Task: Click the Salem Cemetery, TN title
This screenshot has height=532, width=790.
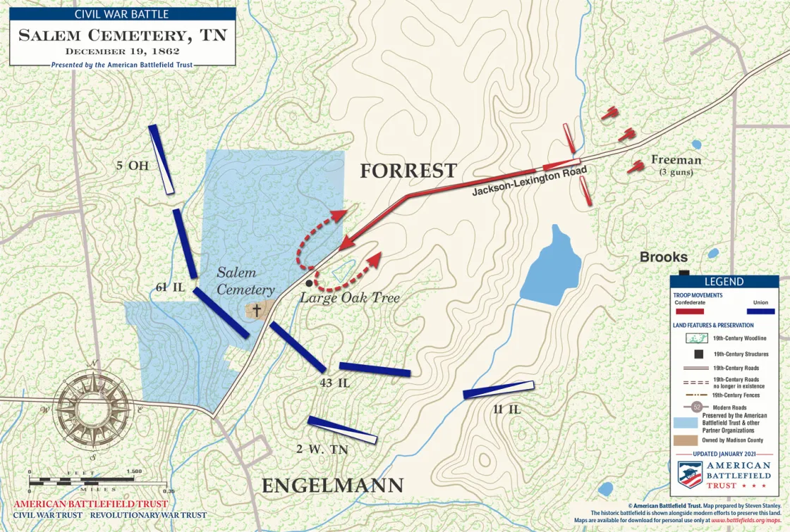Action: pyautogui.click(x=122, y=35)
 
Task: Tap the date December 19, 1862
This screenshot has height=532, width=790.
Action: pyautogui.click(x=122, y=51)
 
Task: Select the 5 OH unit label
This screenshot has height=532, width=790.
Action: pyautogui.click(x=131, y=166)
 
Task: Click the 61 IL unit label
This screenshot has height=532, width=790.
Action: pyautogui.click(x=170, y=287)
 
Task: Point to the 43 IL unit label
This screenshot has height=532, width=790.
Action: pyautogui.click(x=334, y=383)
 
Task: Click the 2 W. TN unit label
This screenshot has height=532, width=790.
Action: pyautogui.click(x=323, y=448)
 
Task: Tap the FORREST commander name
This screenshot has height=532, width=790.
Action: pyautogui.click(x=408, y=171)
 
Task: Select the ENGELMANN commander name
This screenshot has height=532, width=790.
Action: pyautogui.click(x=333, y=485)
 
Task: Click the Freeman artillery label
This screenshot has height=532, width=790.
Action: pyautogui.click(x=676, y=160)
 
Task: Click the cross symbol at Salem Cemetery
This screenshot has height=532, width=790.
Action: pyautogui.click(x=257, y=310)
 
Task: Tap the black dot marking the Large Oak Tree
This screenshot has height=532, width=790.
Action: pyautogui.click(x=309, y=283)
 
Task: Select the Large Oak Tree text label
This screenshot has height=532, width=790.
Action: pyautogui.click(x=350, y=298)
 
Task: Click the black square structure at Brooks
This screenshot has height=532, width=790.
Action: pyautogui.click(x=683, y=273)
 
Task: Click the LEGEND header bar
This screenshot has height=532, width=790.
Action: pyautogui.click(x=724, y=282)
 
